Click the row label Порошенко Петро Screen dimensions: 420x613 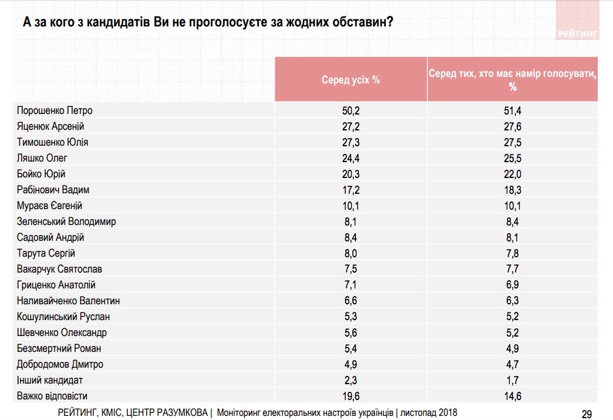click(x=54, y=110)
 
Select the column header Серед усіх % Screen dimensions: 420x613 click(x=351, y=79)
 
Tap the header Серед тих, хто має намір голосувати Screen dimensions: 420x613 click(x=512, y=80)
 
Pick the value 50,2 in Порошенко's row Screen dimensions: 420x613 click(x=351, y=110)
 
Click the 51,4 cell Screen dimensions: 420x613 click(x=512, y=110)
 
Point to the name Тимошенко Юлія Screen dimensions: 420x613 click(x=53, y=142)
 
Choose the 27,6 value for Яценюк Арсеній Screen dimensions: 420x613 click(x=512, y=126)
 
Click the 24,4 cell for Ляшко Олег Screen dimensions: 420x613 click(x=351, y=158)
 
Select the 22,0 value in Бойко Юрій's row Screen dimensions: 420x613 click(x=512, y=174)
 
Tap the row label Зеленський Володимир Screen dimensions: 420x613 click(x=66, y=221)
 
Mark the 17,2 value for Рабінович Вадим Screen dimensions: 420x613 click(x=351, y=190)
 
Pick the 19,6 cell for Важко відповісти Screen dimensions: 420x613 click(x=351, y=396)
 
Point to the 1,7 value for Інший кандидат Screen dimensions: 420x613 click(x=512, y=380)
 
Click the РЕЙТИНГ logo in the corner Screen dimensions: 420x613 click(x=578, y=34)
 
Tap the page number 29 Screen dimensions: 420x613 click(x=586, y=412)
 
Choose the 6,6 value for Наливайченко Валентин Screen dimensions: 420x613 click(x=351, y=301)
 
